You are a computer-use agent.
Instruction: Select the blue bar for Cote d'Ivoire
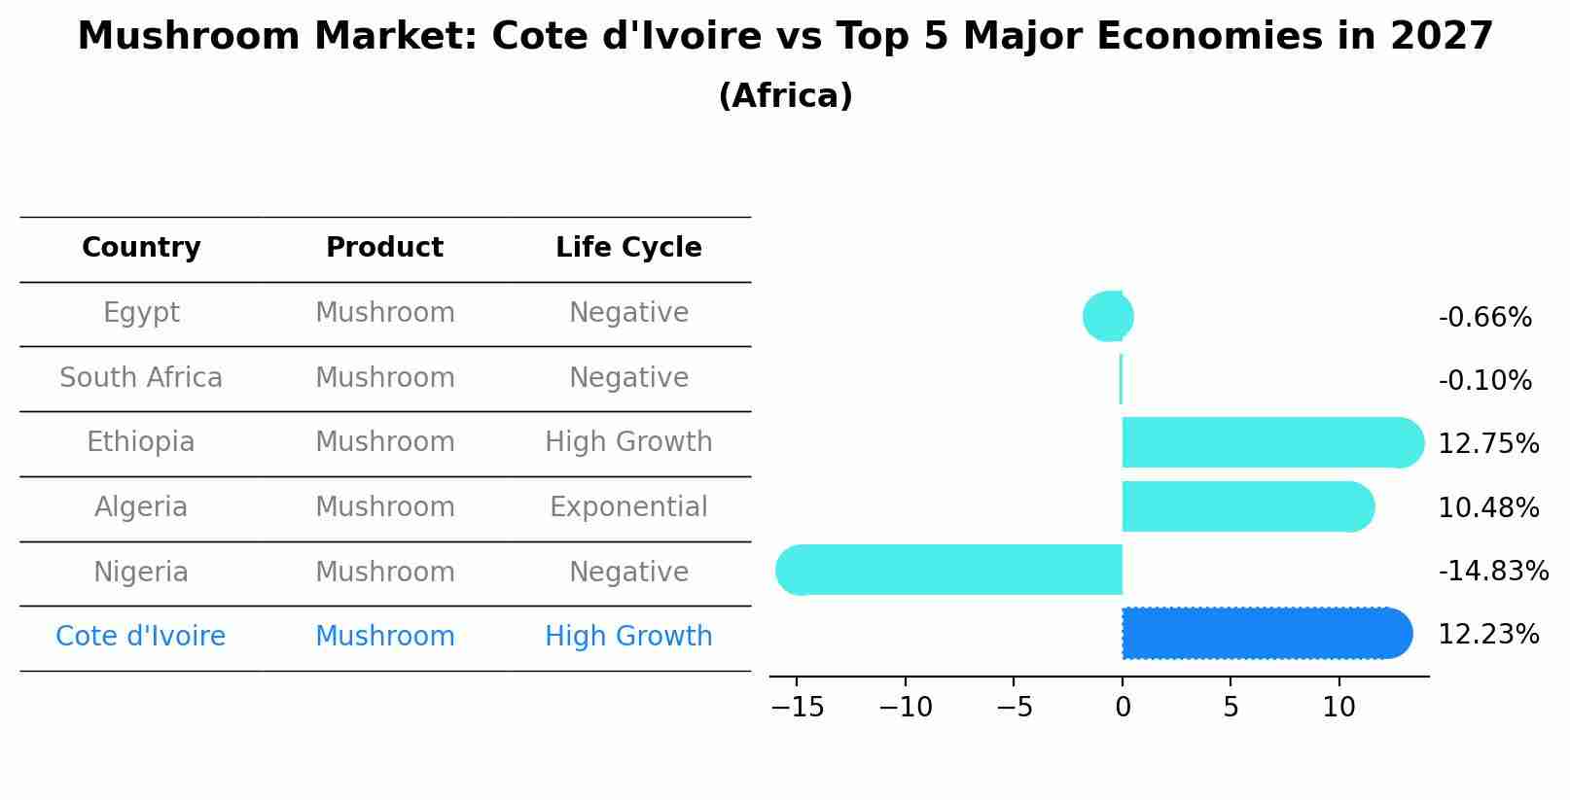point(1265,634)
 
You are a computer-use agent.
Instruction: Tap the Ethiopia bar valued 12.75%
point(1269,443)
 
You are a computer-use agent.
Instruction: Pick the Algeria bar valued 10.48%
point(1245,506)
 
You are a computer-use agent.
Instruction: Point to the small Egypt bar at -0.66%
point(1110,317)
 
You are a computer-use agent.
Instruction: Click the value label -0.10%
point(1484,381)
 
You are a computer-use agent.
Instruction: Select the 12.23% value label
point(1487,635)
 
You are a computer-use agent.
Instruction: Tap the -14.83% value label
point(1492,572)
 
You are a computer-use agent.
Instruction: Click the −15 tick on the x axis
point(798,708)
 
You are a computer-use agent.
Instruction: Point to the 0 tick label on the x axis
point(1123,708)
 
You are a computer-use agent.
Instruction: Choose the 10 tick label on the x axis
point(1338,708)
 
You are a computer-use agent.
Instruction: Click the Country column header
point(141,248)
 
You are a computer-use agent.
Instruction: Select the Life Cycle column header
point(628,248)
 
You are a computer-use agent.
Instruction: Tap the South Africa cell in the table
point(141,378)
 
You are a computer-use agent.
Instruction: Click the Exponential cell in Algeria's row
point(628,507)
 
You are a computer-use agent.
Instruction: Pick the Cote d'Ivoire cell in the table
point(141,637)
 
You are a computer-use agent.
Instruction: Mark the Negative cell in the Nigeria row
point(628,573)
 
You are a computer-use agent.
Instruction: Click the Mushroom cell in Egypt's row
point(385,313)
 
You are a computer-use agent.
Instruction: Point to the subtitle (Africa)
point(785,96)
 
